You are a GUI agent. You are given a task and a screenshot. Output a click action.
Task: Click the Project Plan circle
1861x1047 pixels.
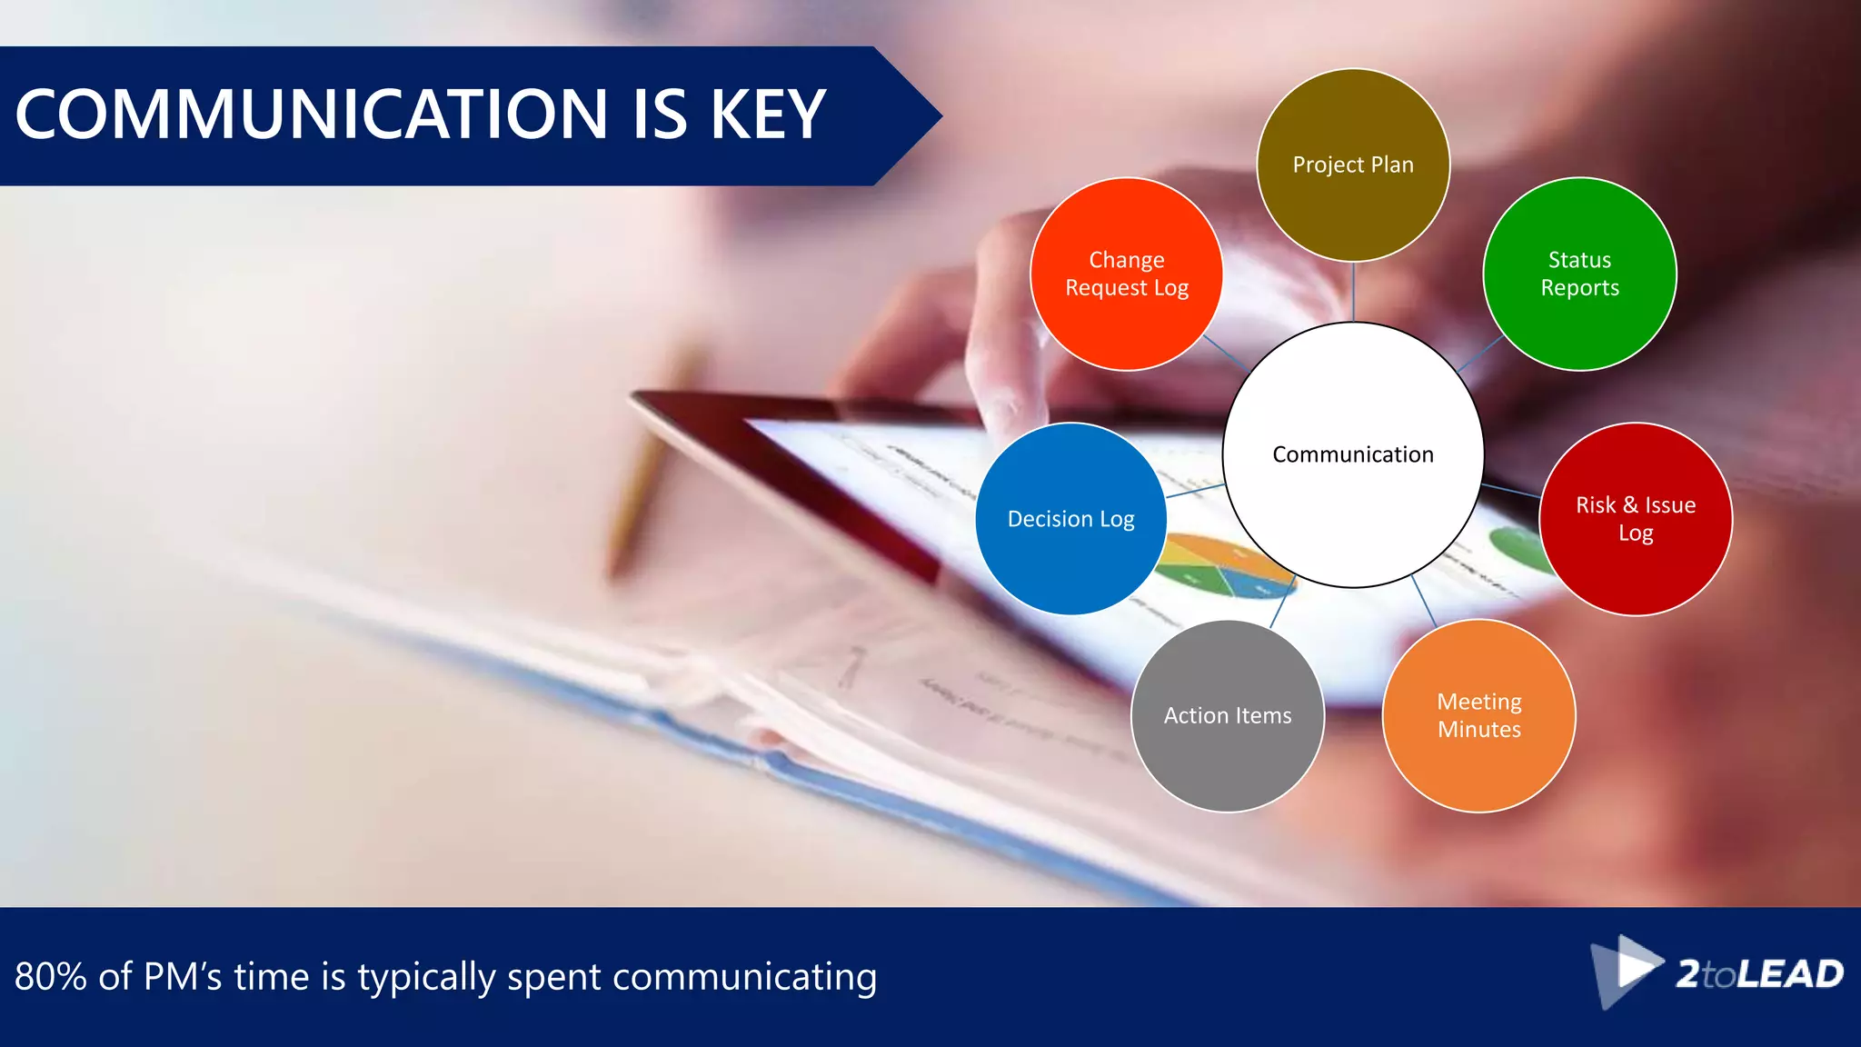(1353, 165)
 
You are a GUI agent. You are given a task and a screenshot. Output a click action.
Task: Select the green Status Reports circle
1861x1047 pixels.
(1579, 274)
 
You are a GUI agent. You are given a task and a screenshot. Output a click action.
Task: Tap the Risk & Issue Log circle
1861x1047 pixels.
(1635, 519)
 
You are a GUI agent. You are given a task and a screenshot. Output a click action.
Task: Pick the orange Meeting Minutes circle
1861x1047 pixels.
(1478, 715)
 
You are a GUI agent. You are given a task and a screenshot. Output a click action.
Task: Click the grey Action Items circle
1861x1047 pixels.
(1227, 715)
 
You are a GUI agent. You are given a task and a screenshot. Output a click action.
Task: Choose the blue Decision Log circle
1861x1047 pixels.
(1070, 519)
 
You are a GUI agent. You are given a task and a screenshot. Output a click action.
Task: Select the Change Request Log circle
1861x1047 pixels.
(1127, 274)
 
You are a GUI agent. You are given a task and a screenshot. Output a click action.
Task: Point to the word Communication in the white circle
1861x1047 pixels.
(1352, 454)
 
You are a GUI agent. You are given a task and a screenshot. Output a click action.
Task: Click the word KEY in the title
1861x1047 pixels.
(768, 115)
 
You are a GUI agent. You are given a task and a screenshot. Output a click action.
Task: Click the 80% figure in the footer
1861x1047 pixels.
(51, 977)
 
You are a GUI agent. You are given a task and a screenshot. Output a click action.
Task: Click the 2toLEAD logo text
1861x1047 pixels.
(1759, 974)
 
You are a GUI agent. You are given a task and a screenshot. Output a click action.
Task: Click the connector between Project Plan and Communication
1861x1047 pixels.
(1353, 292)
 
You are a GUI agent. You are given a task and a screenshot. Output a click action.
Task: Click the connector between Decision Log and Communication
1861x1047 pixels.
(1195, 491)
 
